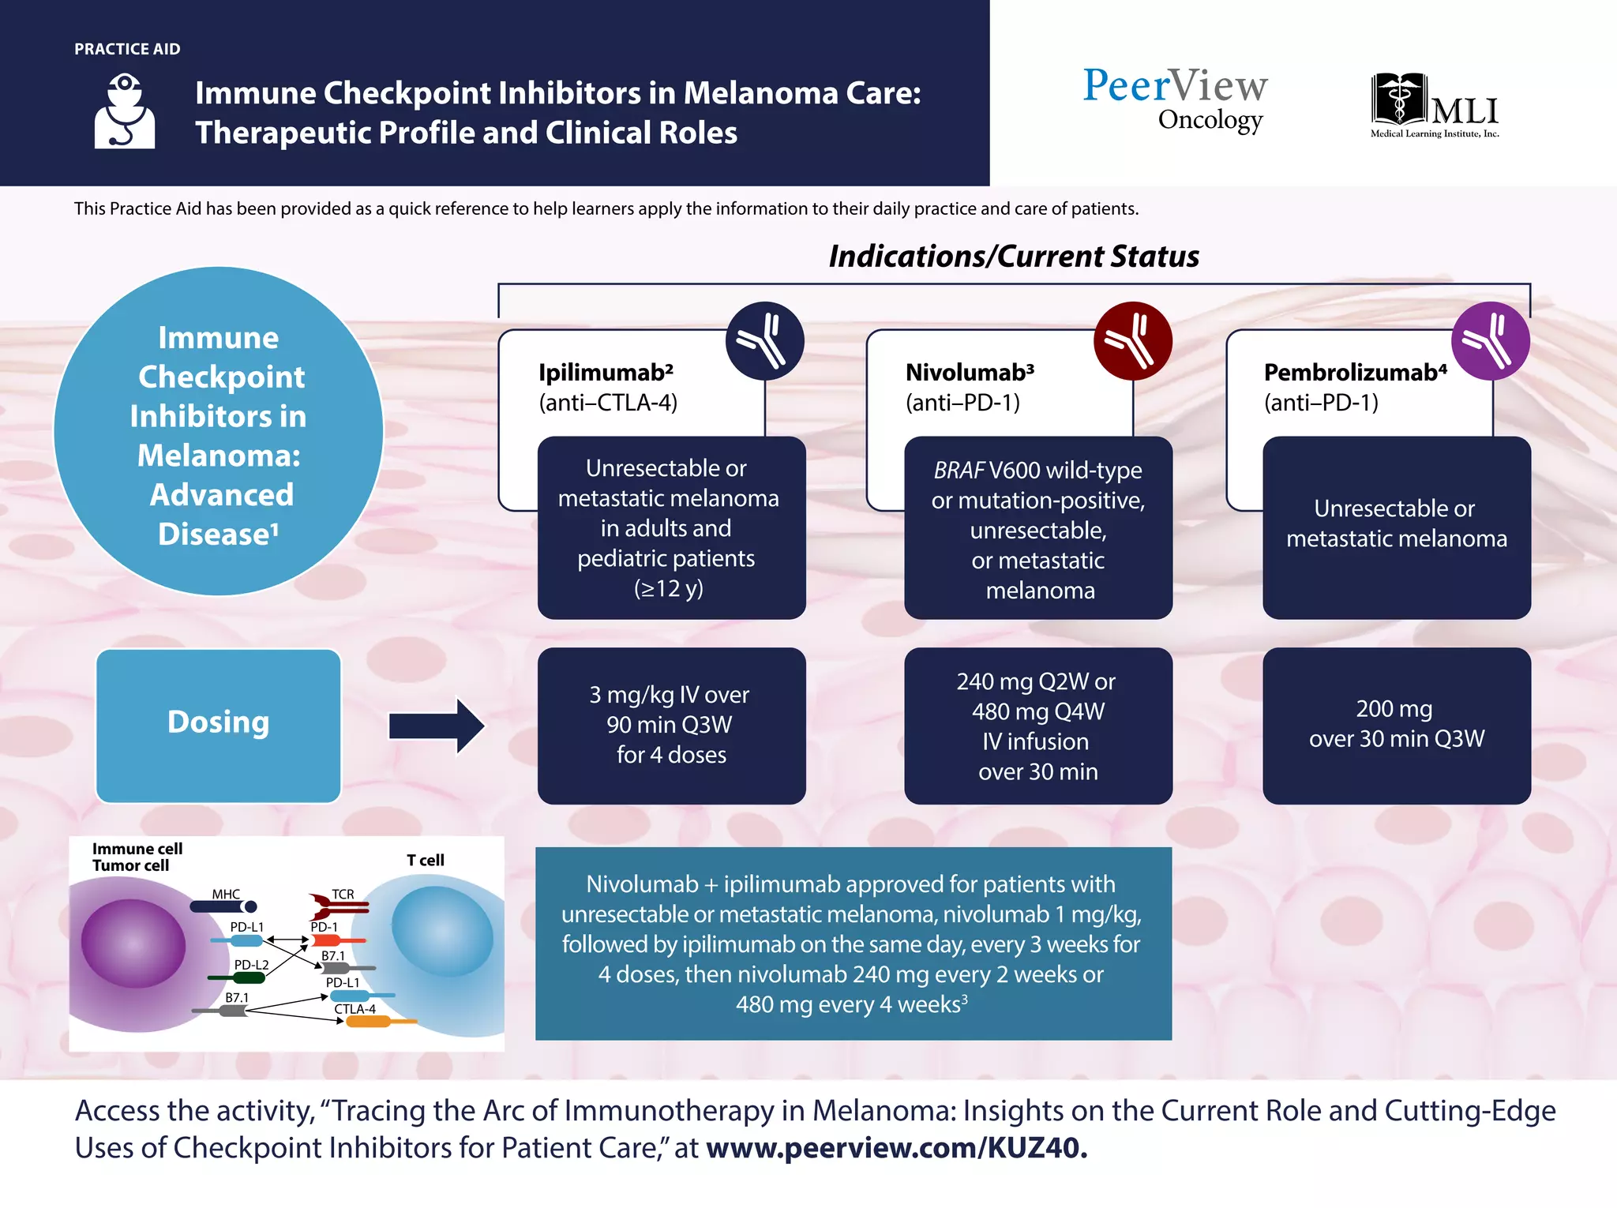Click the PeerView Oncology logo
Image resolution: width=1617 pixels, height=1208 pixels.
[x=1174, y=99]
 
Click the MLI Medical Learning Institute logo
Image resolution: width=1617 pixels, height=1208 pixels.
[x=1435, y=106]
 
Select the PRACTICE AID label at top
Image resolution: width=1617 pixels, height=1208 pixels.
[x=127, y=49]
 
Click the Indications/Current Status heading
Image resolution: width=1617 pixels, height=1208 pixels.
[x=1013, y=257]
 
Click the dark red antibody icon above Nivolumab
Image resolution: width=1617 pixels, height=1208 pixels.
[x=1131, y=340]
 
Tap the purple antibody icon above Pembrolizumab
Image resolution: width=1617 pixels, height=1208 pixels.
[x=1490, y=340]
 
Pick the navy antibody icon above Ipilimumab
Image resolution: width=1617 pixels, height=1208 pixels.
[x=764, y=340]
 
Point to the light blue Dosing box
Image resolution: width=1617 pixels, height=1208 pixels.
[x=219, y=725]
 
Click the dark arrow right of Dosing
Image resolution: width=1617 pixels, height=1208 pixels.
[x=437, y=725]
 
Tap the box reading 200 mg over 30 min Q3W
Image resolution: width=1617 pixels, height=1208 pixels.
[x=1396, y=725]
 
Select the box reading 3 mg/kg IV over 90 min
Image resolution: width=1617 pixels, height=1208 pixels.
[x=671, y=725]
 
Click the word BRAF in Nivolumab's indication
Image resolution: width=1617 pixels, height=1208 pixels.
[x=958, y=471]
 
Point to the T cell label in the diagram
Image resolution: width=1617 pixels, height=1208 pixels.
[x=425, y=861]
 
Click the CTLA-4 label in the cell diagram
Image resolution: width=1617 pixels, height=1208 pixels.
[x=355, y=1009]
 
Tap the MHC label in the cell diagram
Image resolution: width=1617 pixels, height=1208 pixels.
[x=226, y=894]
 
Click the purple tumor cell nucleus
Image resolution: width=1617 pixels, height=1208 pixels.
[x=133, y=944]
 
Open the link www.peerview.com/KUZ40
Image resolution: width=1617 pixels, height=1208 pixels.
[x=896, y=1148]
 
